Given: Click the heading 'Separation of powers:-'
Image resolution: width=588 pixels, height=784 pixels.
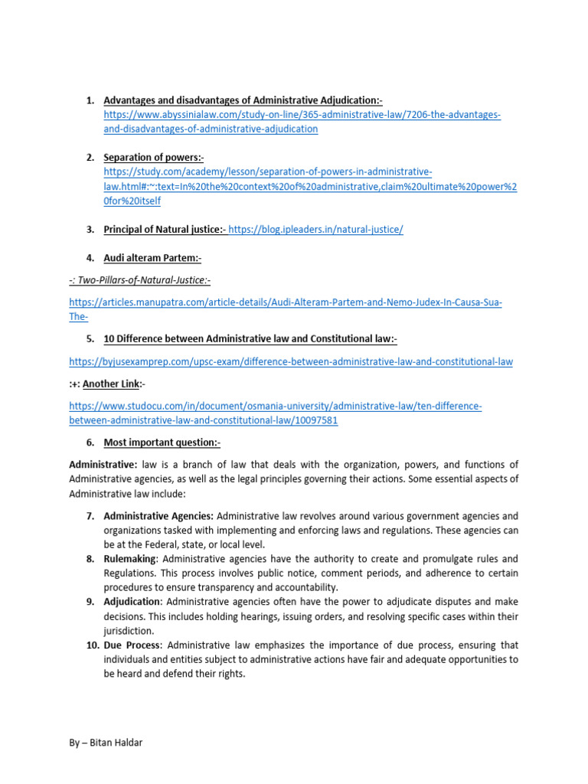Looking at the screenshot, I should (154, 158).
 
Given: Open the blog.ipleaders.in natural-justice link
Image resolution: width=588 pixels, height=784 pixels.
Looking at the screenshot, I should (315, 230).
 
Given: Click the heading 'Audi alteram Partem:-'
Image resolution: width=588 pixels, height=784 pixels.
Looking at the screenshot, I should (152, 259).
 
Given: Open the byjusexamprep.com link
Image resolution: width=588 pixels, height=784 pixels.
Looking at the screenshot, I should (290, 361).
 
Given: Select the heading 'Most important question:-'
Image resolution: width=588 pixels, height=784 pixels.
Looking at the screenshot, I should (162, 443).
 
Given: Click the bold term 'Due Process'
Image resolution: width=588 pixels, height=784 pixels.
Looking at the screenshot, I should (132, 645).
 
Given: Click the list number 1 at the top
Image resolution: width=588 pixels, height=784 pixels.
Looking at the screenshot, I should (89, 100).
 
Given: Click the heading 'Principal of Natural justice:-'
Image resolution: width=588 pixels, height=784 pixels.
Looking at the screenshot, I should (165, 230).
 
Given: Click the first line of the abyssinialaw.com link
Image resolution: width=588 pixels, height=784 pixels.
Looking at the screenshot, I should (302, 115).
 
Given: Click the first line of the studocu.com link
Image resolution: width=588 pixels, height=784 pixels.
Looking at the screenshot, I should (275, 406).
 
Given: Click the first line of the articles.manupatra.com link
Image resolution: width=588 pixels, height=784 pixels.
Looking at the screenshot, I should (285, 303).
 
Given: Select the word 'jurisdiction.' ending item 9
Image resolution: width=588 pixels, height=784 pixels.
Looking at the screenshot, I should (129, 631).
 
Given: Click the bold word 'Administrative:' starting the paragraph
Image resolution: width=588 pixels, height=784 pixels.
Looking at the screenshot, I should (103, 465).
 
